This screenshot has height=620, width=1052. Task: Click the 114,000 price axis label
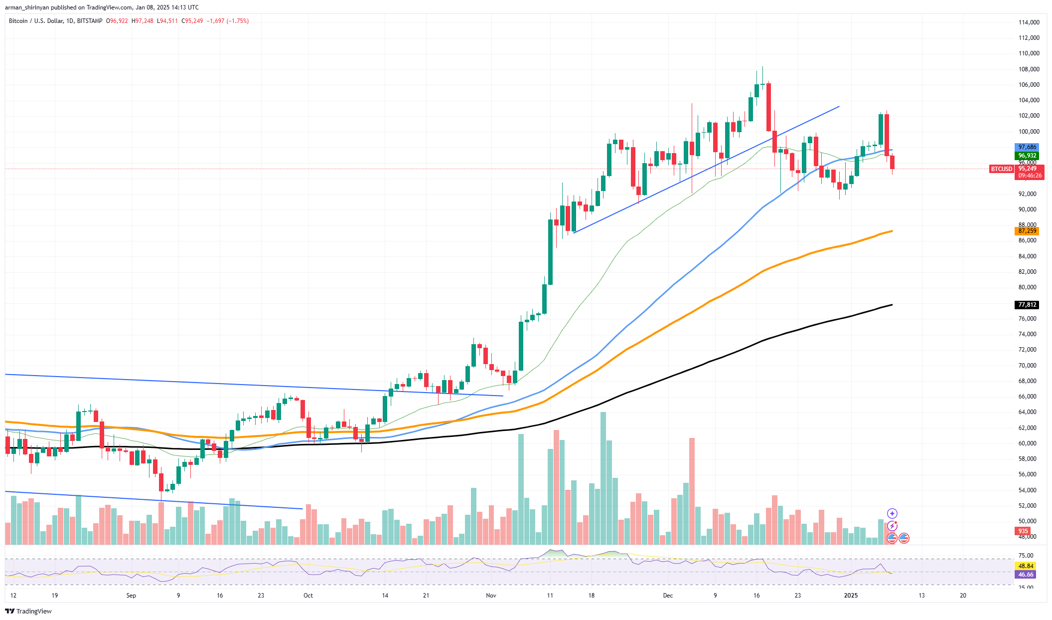(x=1029, y=22)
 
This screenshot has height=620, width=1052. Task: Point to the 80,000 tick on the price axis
(x=1029, y=287)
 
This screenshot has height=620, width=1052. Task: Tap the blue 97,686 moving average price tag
(x=1027, y=147)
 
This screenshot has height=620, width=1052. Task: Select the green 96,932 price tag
(x=1027, y=156)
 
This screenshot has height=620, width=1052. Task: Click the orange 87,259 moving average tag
(x=1027, y=231)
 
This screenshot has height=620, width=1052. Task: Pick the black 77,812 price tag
(x=1027, y=305)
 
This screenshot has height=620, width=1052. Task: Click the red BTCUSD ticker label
(x=1001, y=169)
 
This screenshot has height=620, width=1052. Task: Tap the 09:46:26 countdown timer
(x=1030, y=176)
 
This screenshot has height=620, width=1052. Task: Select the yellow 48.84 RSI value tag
(x=1026, y=566)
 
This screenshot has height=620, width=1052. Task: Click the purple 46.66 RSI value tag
(x=1026, y=575)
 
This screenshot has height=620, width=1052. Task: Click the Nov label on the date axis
(x=491, y=596)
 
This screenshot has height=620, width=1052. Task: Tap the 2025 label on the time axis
(x=851, y=596)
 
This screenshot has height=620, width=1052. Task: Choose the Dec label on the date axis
(x=668, y=596)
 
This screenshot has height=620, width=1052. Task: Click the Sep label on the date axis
(x=131, y=596)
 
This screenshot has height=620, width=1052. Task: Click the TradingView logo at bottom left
(x=28, y=611)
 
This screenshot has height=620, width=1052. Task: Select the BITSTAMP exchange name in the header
(x=90, y=21)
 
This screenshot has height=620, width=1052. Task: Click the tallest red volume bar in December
(x=692, y=491)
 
